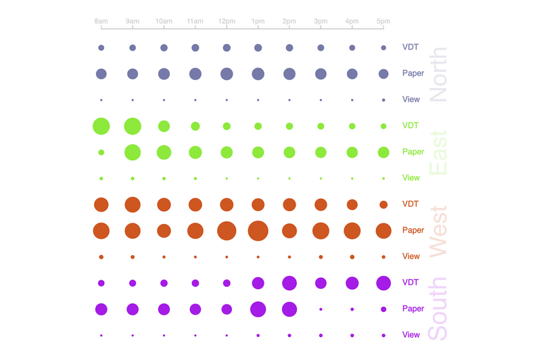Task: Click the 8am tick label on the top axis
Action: click(101, 22)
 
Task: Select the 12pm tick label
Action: click(227, 22)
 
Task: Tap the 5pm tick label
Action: click(383, 22)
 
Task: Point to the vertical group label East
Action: click(438, 152)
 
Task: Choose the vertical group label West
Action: click(438, 231)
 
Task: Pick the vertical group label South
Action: click(438, 309)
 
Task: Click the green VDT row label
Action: click(411, 126)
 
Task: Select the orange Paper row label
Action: click(413, 231)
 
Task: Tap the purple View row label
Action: click(411, 335)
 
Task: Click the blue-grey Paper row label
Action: click(413, 74)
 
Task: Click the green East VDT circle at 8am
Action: click(101, 126)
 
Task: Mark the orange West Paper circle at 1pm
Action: click(258, 231)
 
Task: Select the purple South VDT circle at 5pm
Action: click(383, 283)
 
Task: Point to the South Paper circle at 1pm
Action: click(258, 309)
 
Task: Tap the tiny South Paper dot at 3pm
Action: click(321, 309)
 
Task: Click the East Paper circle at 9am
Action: click(133, 152)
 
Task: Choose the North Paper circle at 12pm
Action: click(227, 74)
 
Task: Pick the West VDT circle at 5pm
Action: click(383, 204)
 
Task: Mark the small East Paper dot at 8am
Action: click(101, 152)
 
